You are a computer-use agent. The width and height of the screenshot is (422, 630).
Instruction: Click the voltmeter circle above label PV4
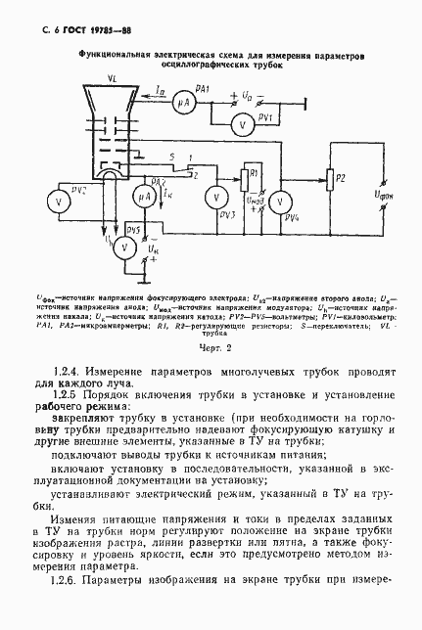point(279,200)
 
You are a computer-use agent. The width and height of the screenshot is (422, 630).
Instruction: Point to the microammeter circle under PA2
point(145,198)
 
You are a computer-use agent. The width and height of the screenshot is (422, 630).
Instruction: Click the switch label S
point(172,157)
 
